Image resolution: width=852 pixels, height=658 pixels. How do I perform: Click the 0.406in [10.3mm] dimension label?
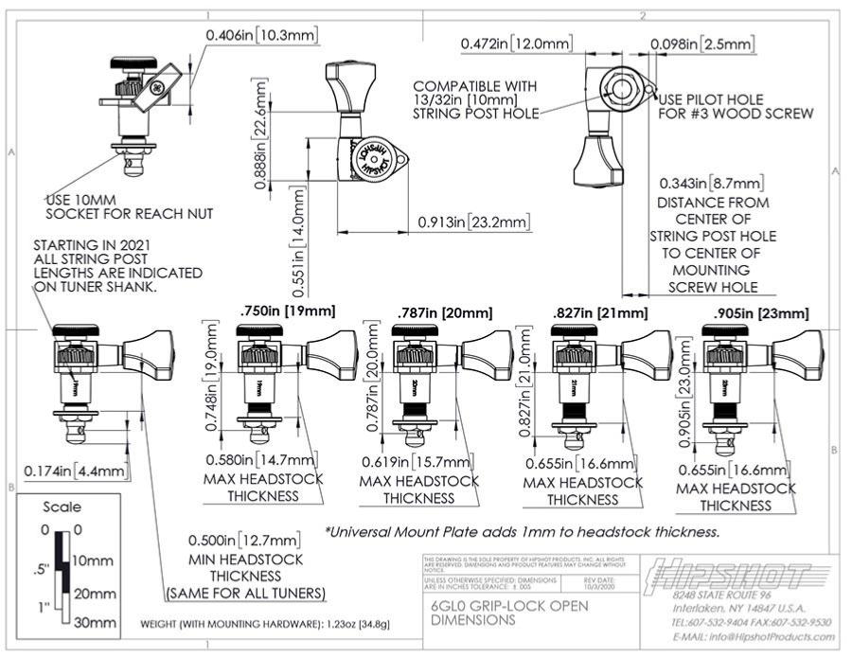pyautogui.click(x=261, y=35)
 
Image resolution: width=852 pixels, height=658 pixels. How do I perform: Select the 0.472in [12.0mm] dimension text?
pyautogui.click(x=517, y=44)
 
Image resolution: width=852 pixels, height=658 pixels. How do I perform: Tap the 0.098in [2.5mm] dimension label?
pyautogui.click(x=701, y=44)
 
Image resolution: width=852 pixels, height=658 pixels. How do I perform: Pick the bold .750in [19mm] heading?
pyautogui.click(x=288, y=311)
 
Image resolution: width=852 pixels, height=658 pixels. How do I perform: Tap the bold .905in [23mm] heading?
pyautogui.click(x=762, y=313)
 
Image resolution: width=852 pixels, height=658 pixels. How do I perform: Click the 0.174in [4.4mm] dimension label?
pyautogui.click(x=74, y=469)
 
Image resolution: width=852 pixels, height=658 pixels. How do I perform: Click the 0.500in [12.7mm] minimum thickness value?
pyautogui.click(x=244, y=541)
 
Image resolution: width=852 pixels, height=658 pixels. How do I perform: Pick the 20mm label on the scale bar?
pyautogui.click(x=94, y=594)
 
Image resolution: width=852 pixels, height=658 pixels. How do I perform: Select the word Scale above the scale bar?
pyautogui.click(x=62, y=507)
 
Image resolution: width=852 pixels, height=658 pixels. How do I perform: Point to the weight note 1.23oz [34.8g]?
pyautogui.click(x=265, y=625)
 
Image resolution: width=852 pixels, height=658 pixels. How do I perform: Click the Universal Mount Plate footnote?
pyautogui.click(x=522, y=531)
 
